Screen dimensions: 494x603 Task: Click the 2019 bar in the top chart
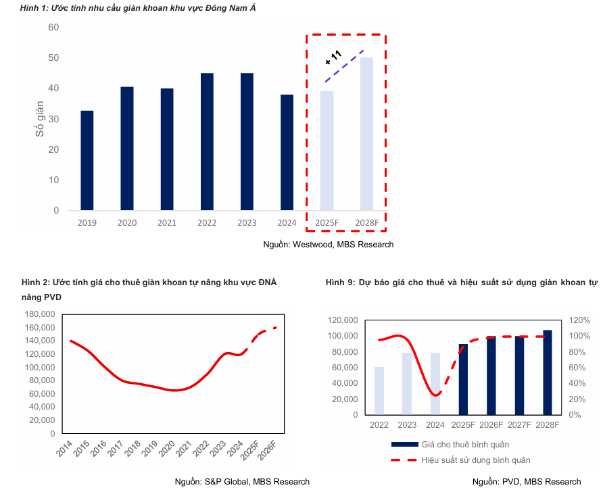tap(87, 160)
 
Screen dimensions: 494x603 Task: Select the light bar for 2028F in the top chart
tap(366, 134)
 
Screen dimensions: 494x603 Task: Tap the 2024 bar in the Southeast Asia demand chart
tap(287, 152)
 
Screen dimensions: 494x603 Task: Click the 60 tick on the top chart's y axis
tap(53, 27)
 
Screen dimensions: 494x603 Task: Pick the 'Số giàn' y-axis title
tap(40, 119)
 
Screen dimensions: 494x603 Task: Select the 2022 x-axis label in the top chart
tap(207, 223)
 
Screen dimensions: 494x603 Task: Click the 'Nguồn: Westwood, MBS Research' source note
tap(328, 244)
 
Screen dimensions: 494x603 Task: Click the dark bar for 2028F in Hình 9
tap(548, 372)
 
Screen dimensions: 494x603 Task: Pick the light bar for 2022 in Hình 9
tap(379, 391)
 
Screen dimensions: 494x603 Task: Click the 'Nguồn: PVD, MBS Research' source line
tap(526, 481)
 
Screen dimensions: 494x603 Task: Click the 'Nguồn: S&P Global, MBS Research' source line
tap(242, 481)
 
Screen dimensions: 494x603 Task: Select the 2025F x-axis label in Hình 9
tap(463, 424)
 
